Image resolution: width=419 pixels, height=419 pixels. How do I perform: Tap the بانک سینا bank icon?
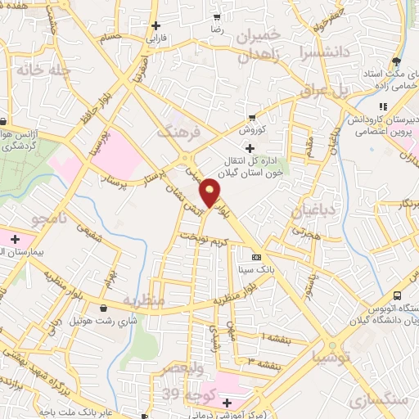[x=256, y=255]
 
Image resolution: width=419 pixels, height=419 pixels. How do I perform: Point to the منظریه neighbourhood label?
[x=145, y=301]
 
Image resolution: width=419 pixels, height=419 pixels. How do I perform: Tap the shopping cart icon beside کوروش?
[x=253, y=117]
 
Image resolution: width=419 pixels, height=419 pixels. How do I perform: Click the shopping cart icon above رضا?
[x=217, y=16]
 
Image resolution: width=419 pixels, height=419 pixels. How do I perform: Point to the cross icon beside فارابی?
[x=155, y=25]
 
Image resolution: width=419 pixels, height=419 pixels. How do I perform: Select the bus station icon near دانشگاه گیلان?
[x=397, y=295]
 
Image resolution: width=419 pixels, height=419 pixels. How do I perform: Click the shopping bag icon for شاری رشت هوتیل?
[x=103, y=309]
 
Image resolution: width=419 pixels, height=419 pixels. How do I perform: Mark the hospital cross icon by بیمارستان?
[x=15, y=239]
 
